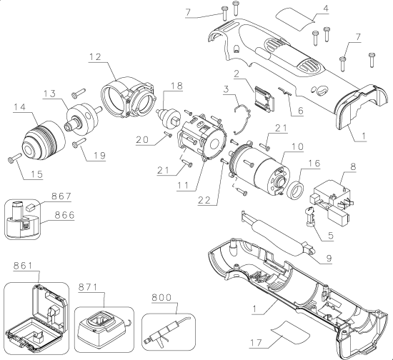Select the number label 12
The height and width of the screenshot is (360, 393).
tap(97, 56)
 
